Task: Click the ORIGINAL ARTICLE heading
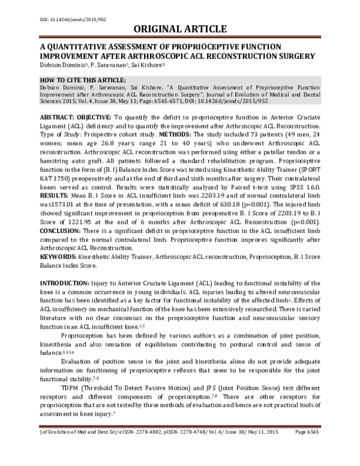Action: point(180,29)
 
